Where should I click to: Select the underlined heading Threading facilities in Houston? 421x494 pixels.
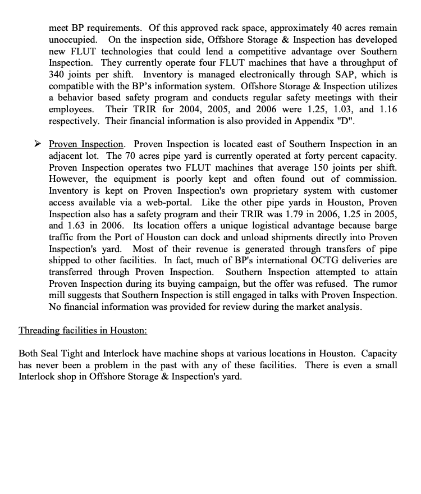click(x=83, y=330)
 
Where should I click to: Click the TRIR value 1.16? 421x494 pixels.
click(x=388, y=109)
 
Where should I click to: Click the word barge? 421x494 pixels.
click(x=385, y=226)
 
